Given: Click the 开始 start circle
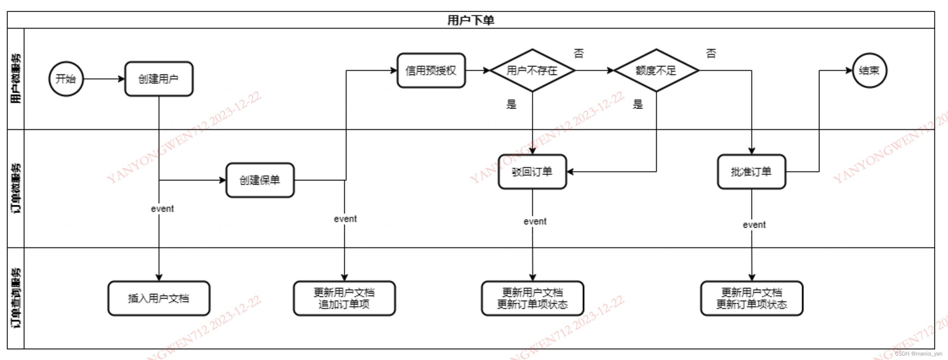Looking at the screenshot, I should [x=66, y=79].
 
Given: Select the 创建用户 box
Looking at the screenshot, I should [x=159, y=79].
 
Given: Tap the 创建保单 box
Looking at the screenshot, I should [x=260, y=180].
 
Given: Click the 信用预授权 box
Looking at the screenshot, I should [x=431, y=70].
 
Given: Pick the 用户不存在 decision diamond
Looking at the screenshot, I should [x=532, y=70].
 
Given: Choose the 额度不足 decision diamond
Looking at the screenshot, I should [x=656, y=70].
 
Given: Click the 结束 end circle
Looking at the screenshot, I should [x=869, y=70].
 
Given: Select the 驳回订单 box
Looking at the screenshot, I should [x=532, y=172].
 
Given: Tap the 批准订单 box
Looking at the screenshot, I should [x=751, y=172].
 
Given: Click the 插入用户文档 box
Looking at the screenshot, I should [x=159, y=298].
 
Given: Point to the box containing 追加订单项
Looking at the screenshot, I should [x=344, y=298].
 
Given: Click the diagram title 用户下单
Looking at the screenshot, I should [x=471, y=20].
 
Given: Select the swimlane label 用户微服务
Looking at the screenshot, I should [x=16, y=79].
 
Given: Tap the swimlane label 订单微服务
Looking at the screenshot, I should [x=16, y=188].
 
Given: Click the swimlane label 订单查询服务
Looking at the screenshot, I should [x=16, y=298].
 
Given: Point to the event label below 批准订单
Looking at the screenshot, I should [x=754, y=225].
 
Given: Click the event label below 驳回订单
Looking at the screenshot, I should [x=535, y=222].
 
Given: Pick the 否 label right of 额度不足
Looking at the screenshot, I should [x=711, y=53].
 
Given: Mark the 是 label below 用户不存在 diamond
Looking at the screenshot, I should [x=511, y=104].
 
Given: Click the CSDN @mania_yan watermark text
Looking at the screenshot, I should [x=918, y=354].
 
